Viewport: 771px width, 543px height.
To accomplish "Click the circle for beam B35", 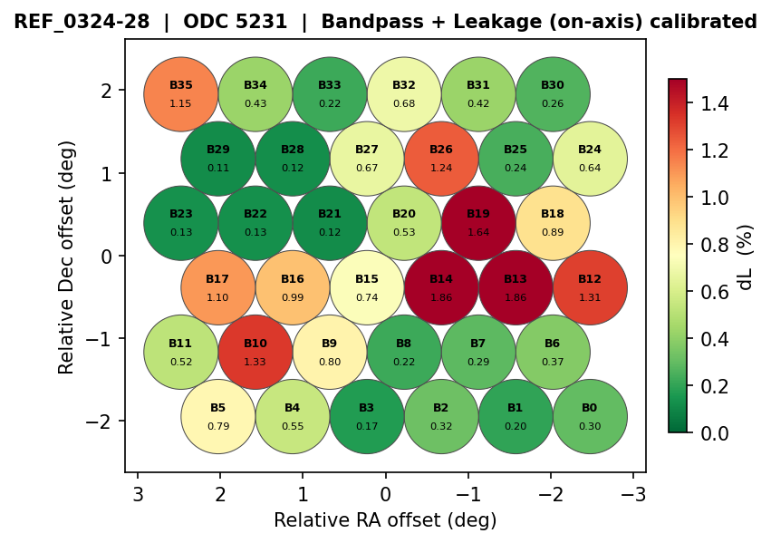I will pyautogui.click(x=181, y=93).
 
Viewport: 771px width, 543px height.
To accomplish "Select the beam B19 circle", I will pyautogui.click(x=478, y=222).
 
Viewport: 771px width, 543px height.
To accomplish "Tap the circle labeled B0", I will pyautogui.click(x=590, y=416).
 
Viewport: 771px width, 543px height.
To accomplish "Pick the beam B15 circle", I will pyautogui.click(x=367, y=287).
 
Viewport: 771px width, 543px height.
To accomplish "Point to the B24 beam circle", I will pyautogui.click(x=590, y=158).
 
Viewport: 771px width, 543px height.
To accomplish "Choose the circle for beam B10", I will pyautogui.click(x=255, y=352).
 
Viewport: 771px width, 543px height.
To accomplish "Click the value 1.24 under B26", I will pyautogui.click(x=441, y=168).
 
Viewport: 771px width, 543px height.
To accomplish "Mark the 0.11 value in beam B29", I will pyautogui.click(x=218, y=168).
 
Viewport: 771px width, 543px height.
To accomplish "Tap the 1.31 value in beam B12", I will pyautogui.click(x=590, y=297).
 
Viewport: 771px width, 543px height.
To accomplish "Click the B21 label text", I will pyautogui.click(x=330, y=214).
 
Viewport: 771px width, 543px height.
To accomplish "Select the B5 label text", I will pyautogui.click(x=218, y=408).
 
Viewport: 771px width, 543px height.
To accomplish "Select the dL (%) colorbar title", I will pyautogui.click(x=746, y=257).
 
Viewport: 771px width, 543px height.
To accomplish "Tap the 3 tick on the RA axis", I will pyautogui.click(x=138, y=494).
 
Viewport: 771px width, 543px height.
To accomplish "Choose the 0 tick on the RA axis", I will pyautogui.click(x=385, y=494).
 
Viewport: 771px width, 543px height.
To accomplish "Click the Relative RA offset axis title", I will pyautogui.click(x=385, y=520).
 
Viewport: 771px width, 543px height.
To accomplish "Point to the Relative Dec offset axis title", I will pyautogui.click(x=67, y=257).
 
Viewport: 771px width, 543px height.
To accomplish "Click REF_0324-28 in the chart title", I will pyautogui.click(x=82, y=22).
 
